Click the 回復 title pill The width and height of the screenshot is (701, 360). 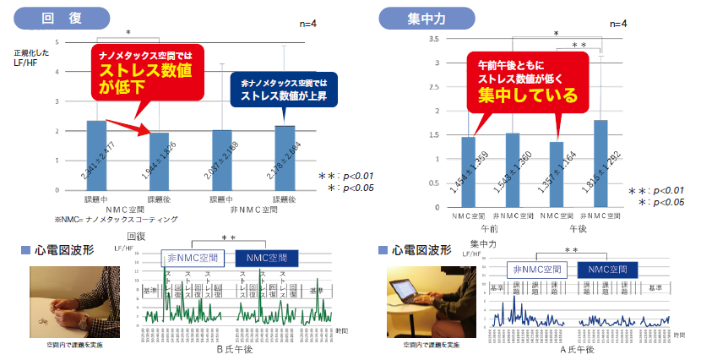[63, 17]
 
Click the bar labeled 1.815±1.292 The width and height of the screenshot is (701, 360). [601, 164]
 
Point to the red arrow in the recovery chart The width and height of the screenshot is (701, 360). [130, 126]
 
